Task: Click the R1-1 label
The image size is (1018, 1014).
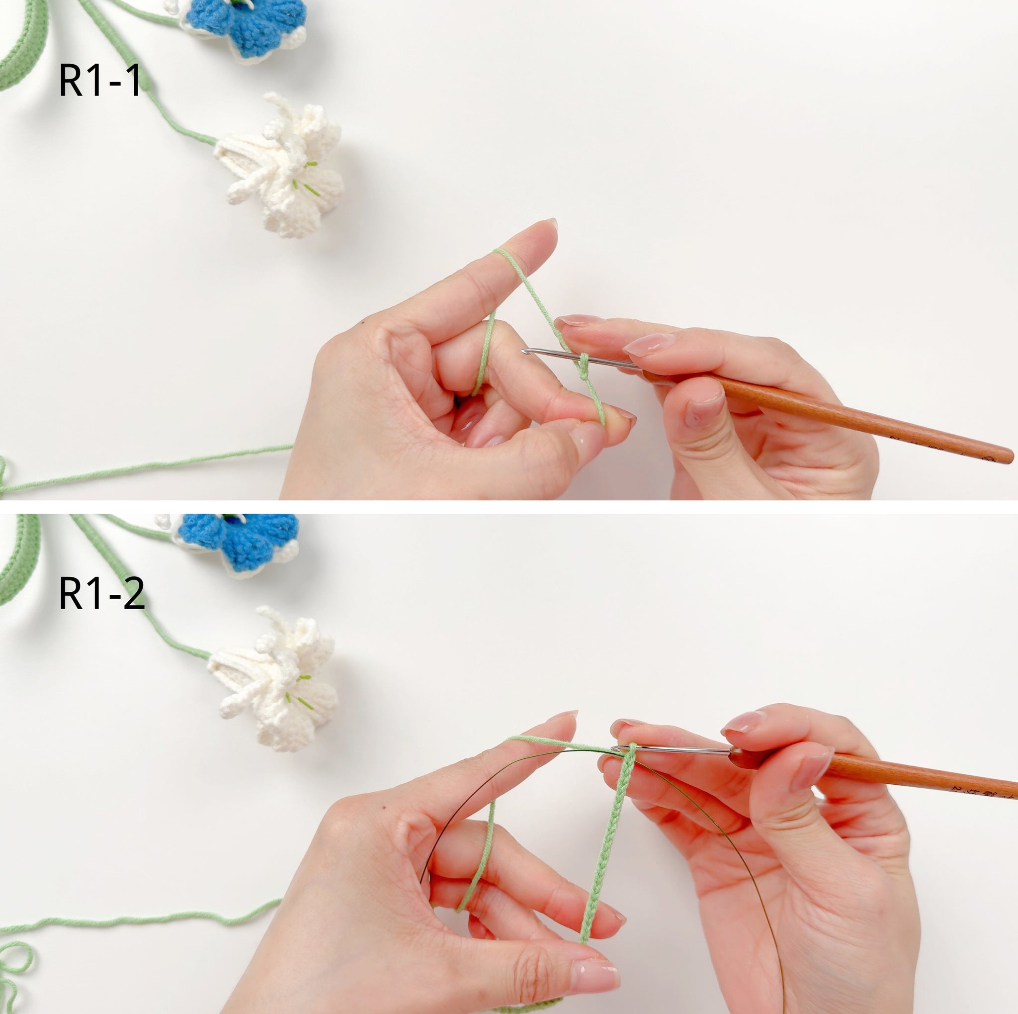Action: [x=99, y=81]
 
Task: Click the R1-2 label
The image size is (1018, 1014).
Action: [x=102, y=594]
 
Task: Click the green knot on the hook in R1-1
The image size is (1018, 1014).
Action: [x=583, y=367]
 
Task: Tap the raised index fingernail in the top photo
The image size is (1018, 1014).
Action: [x=550, y=223]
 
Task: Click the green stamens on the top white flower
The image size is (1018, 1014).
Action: [x=306, y=179]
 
